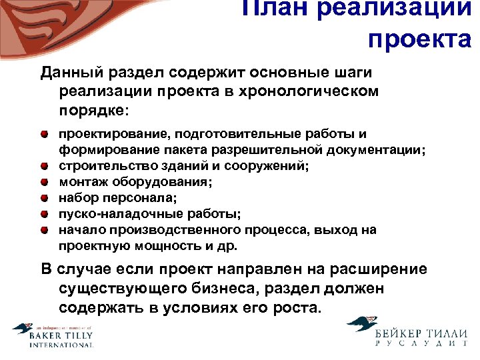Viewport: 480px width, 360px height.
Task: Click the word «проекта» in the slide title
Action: (419, 39)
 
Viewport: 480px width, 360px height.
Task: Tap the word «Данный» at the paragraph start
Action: (68, 71)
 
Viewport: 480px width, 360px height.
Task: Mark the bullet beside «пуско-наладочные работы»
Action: (44, 214)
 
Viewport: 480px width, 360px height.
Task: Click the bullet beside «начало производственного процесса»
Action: (44, 230)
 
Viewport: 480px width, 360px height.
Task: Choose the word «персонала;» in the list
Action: (141, 198)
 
